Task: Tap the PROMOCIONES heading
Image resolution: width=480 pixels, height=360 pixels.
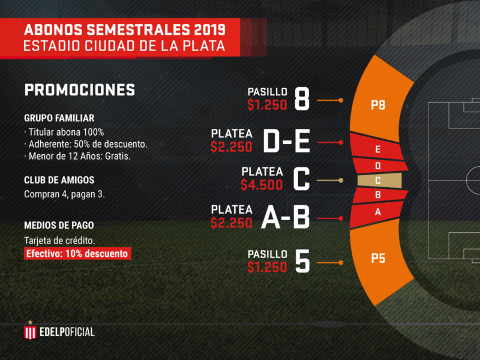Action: tap(79, 90)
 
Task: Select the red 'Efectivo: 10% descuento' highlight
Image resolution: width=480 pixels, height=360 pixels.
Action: tap(77, 253)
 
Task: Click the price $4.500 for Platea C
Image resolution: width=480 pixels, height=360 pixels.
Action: tap(262, 185)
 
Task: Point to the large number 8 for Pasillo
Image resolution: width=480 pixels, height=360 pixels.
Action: tap(302, 99)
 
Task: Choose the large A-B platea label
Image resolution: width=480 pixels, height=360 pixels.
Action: tap(285, 218)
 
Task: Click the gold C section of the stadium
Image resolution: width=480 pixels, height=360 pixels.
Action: tap(378, 180)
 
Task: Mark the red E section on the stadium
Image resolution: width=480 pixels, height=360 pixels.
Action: tap(377, 149)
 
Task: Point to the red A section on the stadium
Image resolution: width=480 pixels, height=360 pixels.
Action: tap(377, 211)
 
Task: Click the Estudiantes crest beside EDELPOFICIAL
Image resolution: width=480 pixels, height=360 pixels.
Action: tap(30, 331)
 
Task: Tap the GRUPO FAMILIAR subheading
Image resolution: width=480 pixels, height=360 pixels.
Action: tap(59, 118)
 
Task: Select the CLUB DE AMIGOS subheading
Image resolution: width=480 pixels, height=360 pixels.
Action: tap(59, 180)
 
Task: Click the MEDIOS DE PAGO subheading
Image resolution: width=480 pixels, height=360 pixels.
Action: tap(59, 226)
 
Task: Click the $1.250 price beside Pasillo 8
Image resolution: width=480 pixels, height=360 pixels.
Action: tap(268, 105)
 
